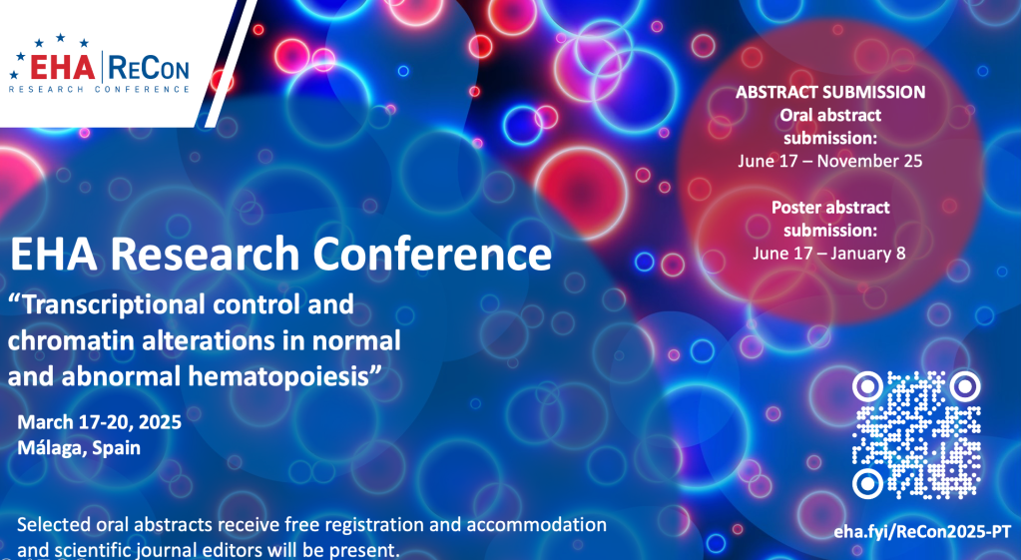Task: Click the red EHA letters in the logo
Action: tap(63, 67)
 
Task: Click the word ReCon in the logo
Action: tap(149, 67)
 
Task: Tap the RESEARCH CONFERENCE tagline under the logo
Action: tap(99, 89)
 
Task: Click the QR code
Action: tap(916, 434)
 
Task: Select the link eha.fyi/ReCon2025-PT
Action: tap(922, 531)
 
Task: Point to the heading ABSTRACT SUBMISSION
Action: tap(830, 92)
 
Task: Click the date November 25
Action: tap(869, 161)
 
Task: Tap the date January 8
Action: tap(867, 253)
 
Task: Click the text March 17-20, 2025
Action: tap(99, 422)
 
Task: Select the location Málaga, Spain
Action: tap(79, 448)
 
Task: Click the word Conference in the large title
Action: tap(432, 254)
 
